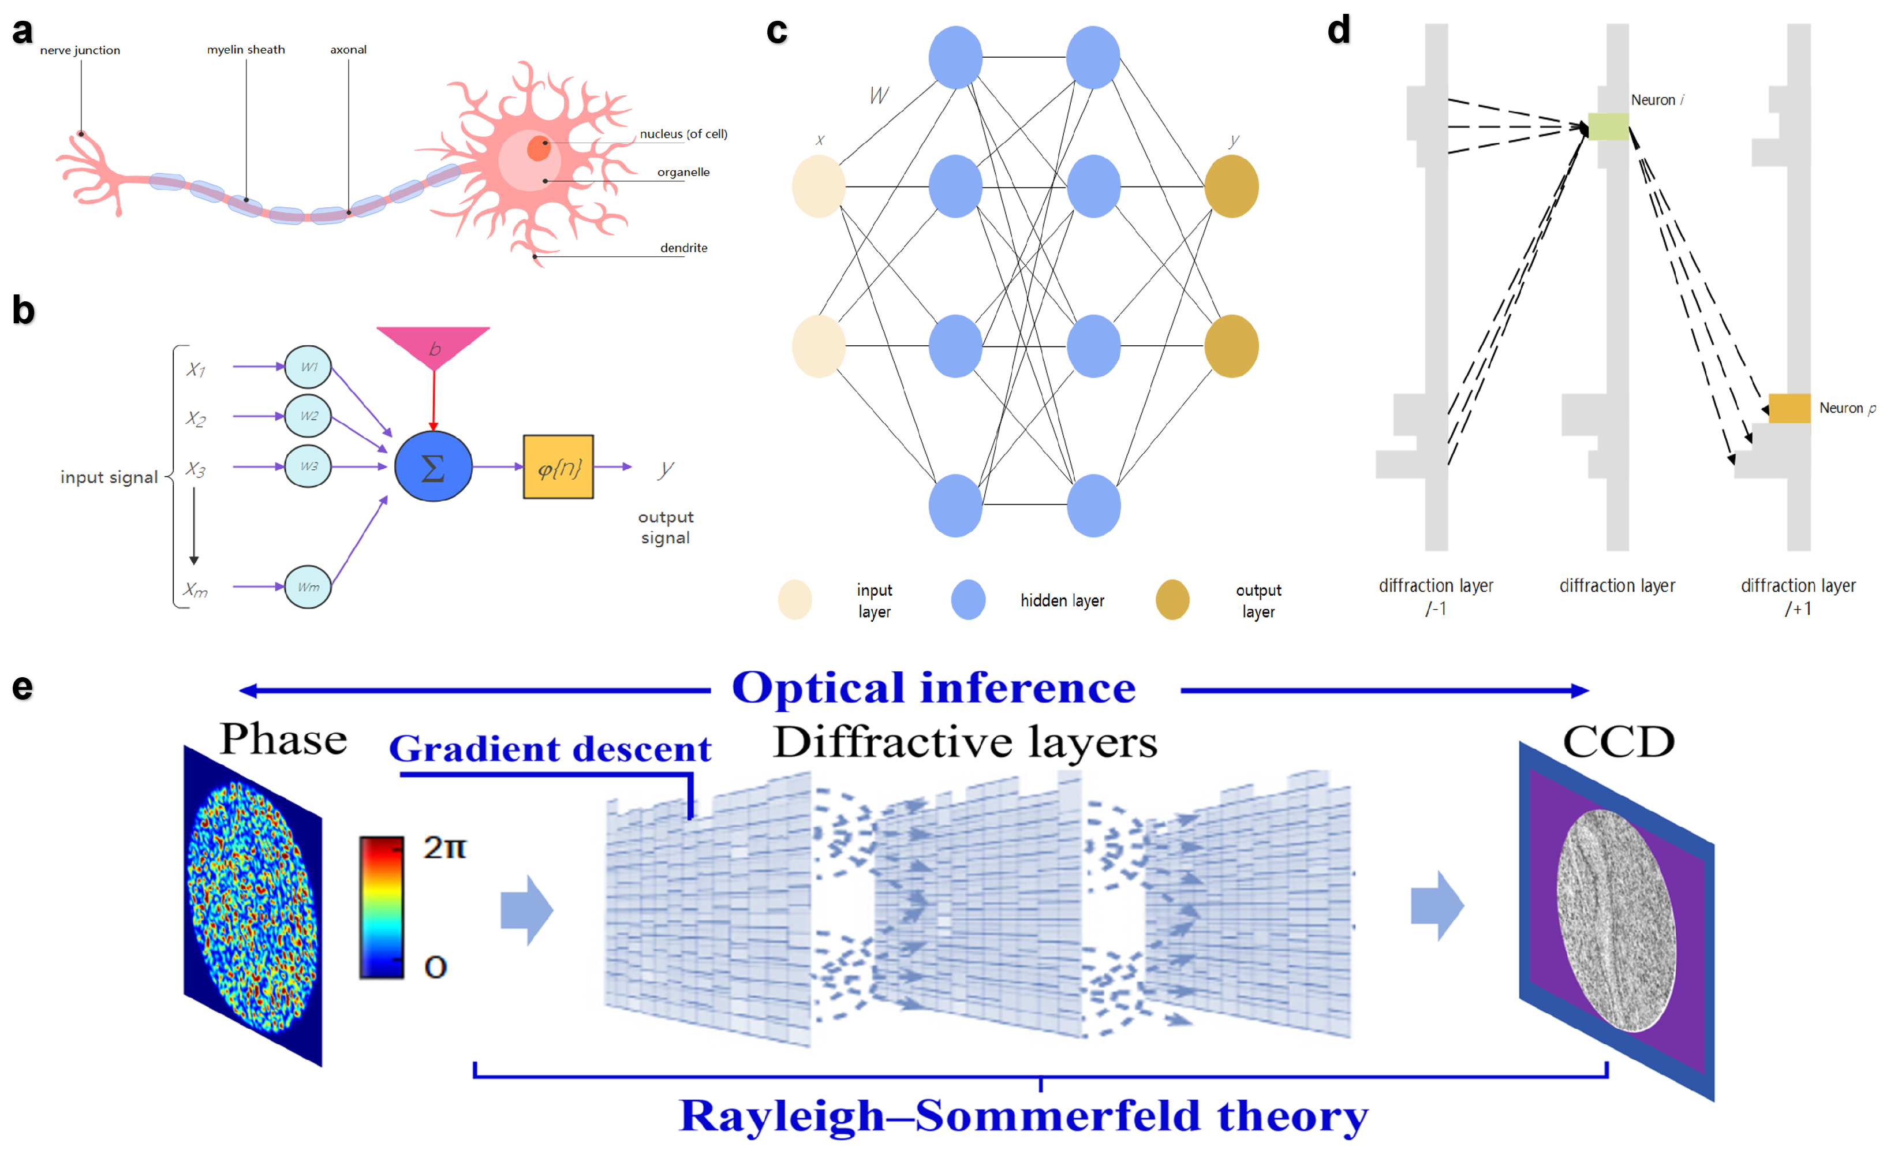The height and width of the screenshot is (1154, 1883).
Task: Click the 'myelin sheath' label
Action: tap(245, 50)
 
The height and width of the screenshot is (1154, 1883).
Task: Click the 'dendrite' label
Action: tap(683, 248)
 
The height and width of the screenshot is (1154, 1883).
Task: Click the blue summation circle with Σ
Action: tap(434, 466)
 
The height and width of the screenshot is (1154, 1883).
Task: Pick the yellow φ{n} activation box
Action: tap(558, 467)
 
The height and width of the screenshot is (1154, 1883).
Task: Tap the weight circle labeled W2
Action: tap(308, 416)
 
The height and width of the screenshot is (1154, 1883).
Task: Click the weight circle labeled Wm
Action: tap(308, 587)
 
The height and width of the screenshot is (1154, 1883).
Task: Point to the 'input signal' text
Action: tap(109, 477)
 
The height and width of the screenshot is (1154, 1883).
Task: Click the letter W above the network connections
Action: tap(879, 95)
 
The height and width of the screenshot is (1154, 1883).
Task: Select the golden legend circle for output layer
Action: tap(1171, 600)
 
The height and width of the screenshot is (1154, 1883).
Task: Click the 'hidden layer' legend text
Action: tap(1062, 601)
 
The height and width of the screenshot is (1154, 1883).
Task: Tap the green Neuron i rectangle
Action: tap(1608, 126)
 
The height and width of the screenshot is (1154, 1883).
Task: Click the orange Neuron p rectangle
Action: tap(1789, 408)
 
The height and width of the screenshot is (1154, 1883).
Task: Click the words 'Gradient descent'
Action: tap(550, 748)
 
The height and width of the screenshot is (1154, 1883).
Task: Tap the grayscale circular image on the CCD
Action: tap(1616, 920)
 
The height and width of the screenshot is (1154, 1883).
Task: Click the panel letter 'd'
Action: tap(1338, 31)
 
